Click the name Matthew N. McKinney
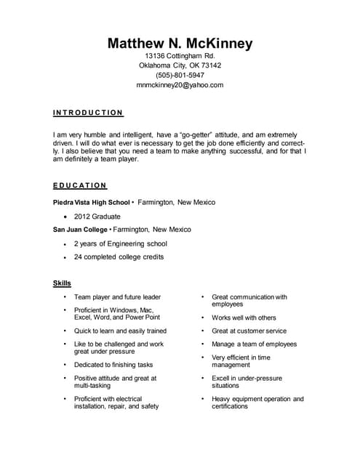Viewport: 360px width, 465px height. point(180,44)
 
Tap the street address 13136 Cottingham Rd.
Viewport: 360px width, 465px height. point(180,56)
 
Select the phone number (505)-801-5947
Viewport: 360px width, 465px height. point(180,75)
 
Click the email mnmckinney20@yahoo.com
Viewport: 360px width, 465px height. point(180,85)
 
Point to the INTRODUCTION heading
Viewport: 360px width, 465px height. point(88,113)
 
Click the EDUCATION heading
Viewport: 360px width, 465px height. point(80,185)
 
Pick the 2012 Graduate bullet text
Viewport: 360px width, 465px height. point(97,216)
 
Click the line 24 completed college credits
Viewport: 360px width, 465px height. point(119,256)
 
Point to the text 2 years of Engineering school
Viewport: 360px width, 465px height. point(120,243)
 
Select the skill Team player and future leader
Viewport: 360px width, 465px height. point(117,297)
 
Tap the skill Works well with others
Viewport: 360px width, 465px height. point(244,318)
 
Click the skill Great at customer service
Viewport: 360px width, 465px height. point(249,331)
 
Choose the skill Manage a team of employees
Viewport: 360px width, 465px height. point(254,344)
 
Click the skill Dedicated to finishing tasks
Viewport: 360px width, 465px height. point(113,365)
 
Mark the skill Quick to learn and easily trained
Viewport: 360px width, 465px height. point(120,331)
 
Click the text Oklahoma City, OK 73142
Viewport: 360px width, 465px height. point(180,65)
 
